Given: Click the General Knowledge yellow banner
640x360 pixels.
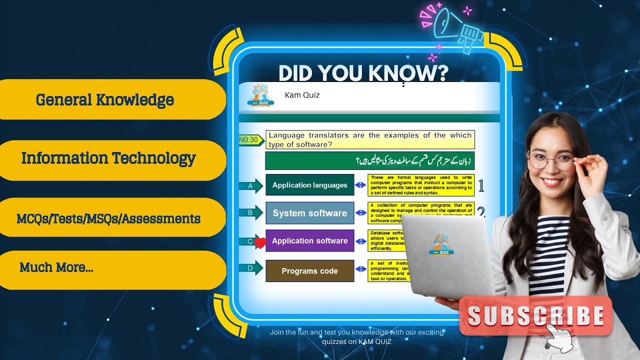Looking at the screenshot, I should [x=105, y=100].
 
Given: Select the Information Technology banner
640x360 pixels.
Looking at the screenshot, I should [x=108, y=159].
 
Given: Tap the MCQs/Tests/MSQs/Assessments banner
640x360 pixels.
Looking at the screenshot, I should [x=108, y=218].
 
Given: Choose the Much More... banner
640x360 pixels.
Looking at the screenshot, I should [x=100, y=268].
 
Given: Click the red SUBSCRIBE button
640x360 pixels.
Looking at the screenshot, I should [x=535, y=316].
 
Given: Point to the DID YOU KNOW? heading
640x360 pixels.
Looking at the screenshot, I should [x=363, y=73].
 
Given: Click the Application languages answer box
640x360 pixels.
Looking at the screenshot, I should [x=309, y=185].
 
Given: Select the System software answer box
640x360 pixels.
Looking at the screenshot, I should [x=309, y=213].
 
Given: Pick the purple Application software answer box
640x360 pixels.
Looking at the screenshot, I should [x=309, y=240].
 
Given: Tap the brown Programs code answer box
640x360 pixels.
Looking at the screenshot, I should [x=309, y=271].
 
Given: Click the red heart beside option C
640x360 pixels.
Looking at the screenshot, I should [x=260, y=243].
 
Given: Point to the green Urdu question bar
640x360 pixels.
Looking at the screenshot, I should [x=369, y=161].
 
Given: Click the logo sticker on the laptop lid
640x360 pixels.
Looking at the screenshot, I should [x=441, y=244].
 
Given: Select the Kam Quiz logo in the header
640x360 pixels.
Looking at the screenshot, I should [x=260, y=95].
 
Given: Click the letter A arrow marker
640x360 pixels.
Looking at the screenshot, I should [x=251, y=185].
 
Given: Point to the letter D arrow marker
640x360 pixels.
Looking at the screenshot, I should [x=251, y=268].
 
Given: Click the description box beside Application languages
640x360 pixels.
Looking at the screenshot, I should [x=421, y=185].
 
